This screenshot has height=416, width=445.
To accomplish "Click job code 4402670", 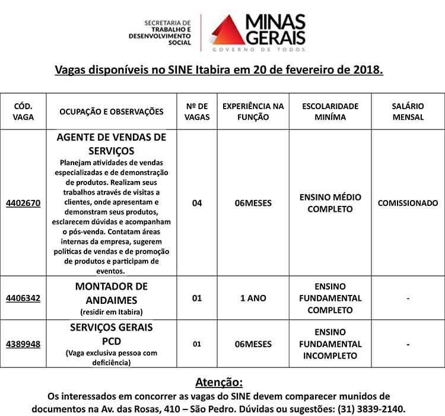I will (x=23, y=203).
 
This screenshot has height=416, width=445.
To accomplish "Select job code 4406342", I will (x=23, y=298).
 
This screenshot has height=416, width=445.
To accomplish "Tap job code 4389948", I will (x=23, y=344).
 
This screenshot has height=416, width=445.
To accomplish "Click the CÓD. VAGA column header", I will (x=23, y=112).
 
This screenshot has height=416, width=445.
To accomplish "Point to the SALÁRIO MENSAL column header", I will (x=408, y=112).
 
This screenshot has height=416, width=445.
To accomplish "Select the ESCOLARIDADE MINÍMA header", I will (x=330, y=112).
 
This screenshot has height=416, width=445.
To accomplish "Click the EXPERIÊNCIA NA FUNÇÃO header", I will (x=253, y=112).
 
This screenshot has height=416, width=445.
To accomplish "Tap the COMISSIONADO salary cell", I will (x=408, y=203).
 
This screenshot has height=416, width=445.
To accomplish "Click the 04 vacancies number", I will (x=197, y=203).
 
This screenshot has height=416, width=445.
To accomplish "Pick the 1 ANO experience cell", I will (x=253, y=298).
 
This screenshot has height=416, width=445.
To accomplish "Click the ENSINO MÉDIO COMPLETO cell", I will (x=330, y=203).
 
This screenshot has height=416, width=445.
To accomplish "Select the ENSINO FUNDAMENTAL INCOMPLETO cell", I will (x=330, y=344).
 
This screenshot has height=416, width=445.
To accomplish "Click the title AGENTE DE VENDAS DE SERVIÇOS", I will (x=112, y=144).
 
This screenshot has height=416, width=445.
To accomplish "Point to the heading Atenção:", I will (x=219, y=382).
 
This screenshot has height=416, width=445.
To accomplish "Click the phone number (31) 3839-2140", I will (x=371, y=409).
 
